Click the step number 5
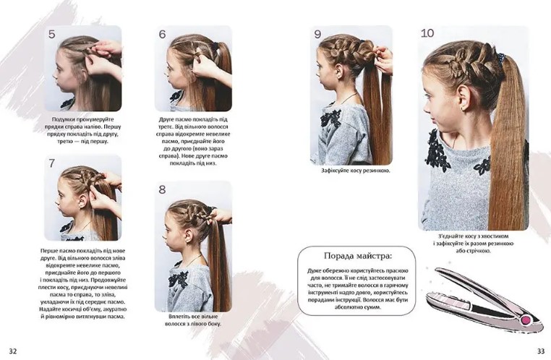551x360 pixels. click(x=52, y=34)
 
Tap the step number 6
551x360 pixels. click(x=162, y=34)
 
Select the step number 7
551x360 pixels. click(x=52, y=163)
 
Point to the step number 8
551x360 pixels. click(x=162, y=189)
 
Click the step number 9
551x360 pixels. click(x=317, y=34)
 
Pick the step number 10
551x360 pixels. click(x=427, y=33)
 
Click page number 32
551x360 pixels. click(x=12, y=351)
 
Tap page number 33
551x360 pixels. click(x=541, y=351)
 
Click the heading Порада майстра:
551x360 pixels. click(x=357, y=256)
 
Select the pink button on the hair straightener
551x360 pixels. click(x=526, y=320)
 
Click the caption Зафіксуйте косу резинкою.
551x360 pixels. click(x=356, y=171)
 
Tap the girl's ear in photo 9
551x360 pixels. click(x=339, y=71)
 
